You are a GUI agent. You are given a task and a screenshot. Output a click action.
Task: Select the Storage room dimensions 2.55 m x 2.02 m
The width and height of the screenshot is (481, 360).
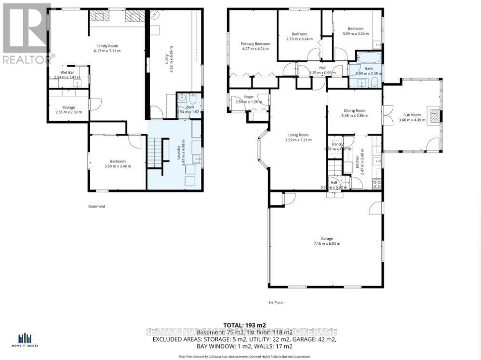point(68,112)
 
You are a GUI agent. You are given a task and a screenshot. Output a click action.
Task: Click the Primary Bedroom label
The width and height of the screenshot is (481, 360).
point(255,44)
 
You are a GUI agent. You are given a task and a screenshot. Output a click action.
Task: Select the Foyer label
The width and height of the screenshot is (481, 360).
point(249,97)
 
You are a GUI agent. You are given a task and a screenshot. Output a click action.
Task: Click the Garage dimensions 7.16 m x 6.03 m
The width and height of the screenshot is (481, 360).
point(326,243)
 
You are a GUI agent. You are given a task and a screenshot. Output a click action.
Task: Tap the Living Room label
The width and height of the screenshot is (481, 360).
point(296,135)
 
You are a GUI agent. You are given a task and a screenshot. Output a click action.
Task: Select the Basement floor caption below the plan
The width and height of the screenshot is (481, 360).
point(96,206)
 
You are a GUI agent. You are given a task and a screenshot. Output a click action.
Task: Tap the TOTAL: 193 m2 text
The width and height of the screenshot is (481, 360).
point(244,325)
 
